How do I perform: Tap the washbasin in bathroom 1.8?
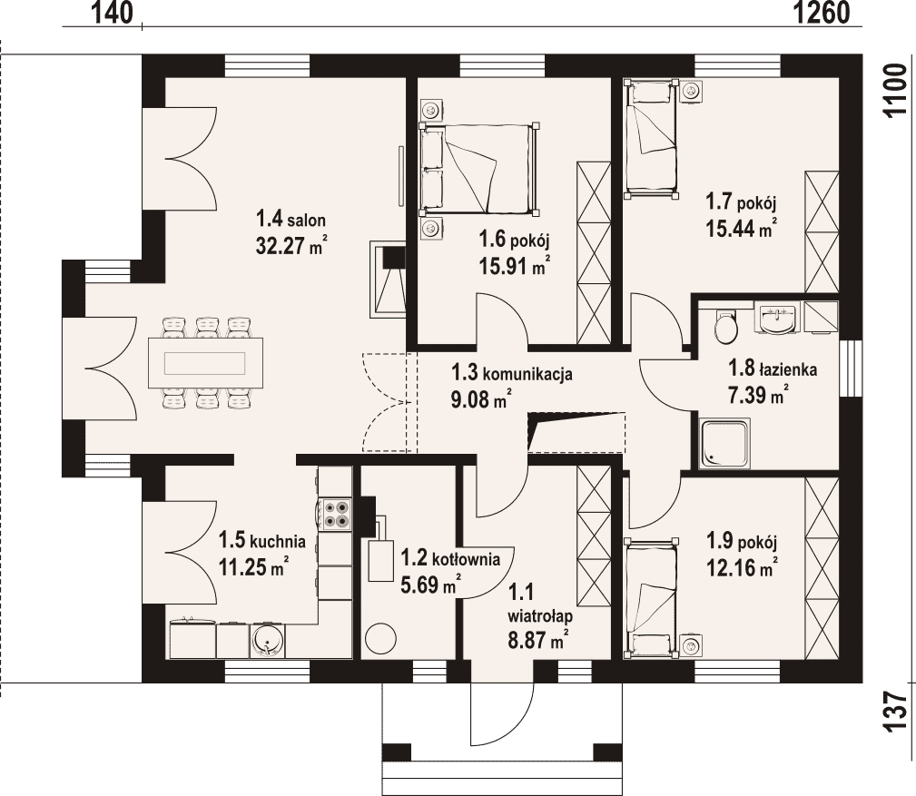click(777, 319)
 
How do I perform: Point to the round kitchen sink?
click(268, 641)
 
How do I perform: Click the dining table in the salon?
click(205, 363)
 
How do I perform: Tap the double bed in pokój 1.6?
click(478, 168)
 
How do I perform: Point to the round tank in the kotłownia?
click(381, 638)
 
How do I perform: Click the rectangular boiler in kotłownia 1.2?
click(381, 560)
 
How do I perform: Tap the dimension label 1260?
click(821, 13)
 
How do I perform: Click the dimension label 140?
click(113, 13)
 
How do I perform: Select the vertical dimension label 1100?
click(894, 91)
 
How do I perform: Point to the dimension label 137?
click(894, 712)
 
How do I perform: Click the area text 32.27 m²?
click(291, 246)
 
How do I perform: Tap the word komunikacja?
click(527, 374)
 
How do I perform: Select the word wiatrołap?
click(540, 616)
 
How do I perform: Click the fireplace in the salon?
click(388, 280)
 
